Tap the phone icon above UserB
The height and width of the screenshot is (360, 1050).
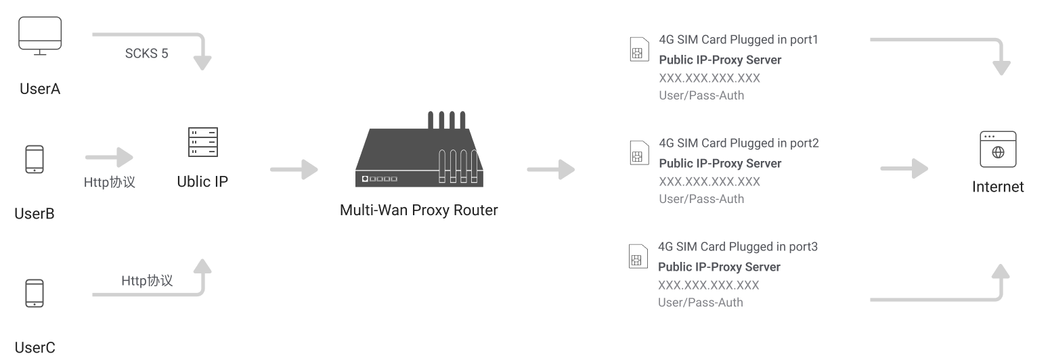[35, 160]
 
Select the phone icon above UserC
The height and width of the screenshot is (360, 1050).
[35, 293]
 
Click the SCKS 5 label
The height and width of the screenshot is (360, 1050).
[146, 54]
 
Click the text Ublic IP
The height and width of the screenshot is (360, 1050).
[202, 182]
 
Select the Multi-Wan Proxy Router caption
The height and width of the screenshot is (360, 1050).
[418, 210]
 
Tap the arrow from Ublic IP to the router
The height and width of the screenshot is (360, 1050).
[294, 169]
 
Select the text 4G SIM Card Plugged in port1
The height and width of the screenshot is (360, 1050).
[739, 40]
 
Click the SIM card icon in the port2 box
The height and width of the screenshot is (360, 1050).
[637, 154]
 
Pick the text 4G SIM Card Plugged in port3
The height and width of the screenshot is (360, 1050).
[738, 247]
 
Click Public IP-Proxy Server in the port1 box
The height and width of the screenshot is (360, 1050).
[720, 60]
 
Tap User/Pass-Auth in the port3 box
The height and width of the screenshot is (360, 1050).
[700, 302]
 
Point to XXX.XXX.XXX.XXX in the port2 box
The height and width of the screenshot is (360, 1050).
[709, 181]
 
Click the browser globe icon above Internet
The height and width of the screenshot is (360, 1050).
[997, 150]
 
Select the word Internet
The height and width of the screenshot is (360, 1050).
[998, 187]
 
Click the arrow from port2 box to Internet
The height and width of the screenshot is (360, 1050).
[904, 169]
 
